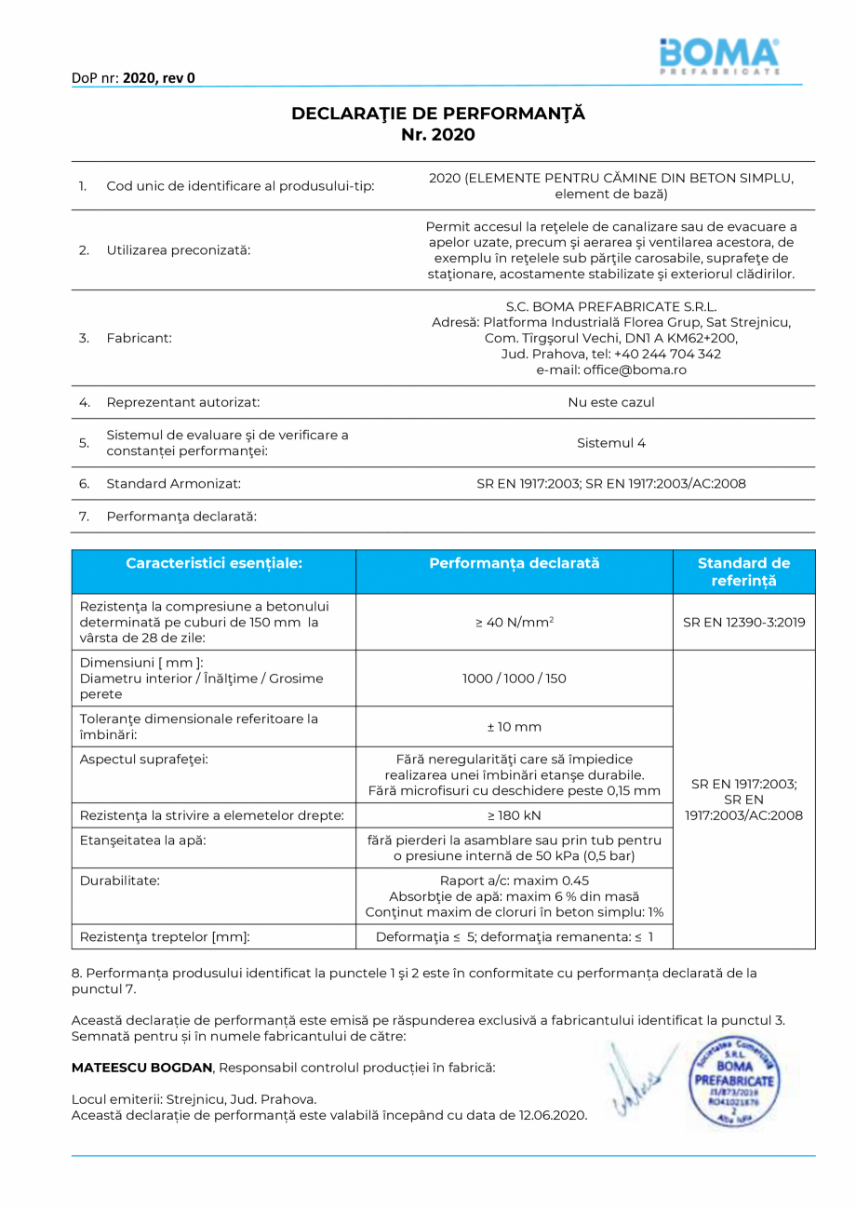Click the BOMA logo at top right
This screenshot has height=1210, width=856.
[719, 56]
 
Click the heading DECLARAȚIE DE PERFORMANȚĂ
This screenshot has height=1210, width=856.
[438, 114]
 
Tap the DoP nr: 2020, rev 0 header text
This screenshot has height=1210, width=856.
[133, 78]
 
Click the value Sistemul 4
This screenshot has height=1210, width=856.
[611, 443]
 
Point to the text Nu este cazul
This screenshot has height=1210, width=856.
[611, 402]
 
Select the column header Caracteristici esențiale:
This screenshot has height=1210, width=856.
[214, 563]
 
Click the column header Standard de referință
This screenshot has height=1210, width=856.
[743, 571]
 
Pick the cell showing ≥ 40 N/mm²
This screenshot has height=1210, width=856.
[515, 622]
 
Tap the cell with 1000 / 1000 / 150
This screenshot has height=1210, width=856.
[514, 679]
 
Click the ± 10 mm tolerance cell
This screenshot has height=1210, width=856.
[514, 727]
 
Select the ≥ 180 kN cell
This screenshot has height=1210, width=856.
[514, 815]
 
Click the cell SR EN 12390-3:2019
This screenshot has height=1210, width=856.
[743, 622]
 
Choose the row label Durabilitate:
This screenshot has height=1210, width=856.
[120, 880]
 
